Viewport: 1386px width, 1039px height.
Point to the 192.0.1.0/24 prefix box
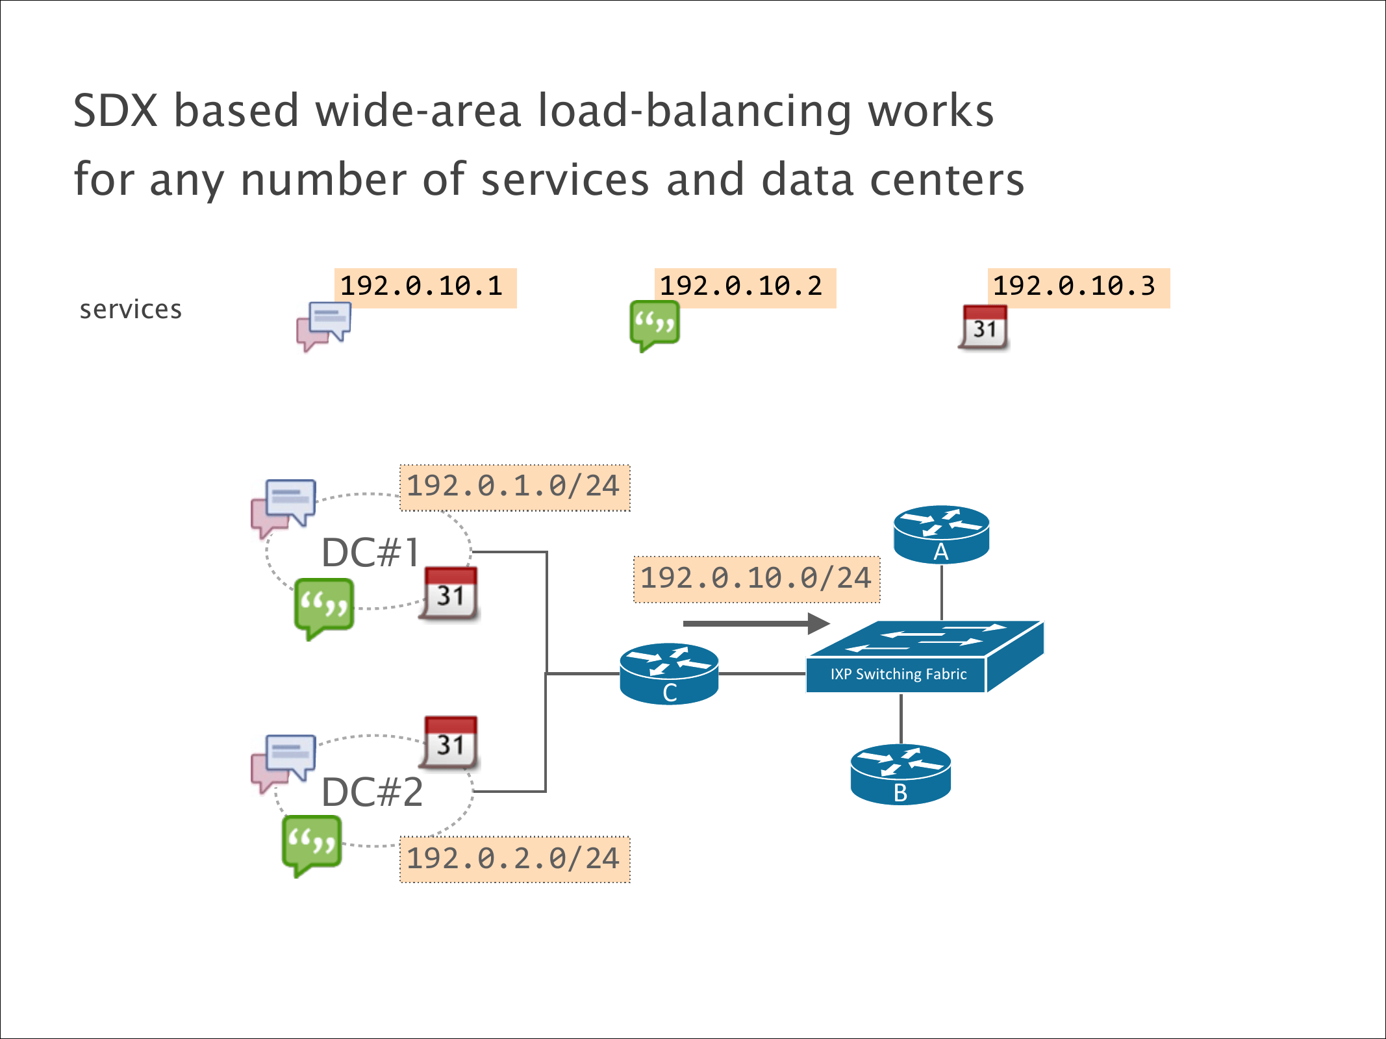[x=514, y=487]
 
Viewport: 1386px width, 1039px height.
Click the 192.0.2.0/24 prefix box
[x=514, y=859]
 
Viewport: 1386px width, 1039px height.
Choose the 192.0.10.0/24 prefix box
[x=757, y=579]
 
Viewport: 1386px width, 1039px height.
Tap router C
[x=669, y=673]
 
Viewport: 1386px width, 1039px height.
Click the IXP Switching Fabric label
[x=898, y=674]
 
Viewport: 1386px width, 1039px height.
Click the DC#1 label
[x=370, y=553]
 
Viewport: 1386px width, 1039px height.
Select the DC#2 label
[x=372, y=792]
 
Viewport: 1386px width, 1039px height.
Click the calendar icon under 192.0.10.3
[x=985, y=328]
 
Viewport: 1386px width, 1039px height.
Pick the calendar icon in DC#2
[x=451, y=743]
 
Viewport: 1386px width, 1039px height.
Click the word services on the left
[x=131, y=310]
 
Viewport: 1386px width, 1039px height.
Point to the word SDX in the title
[x=116, y=111]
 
